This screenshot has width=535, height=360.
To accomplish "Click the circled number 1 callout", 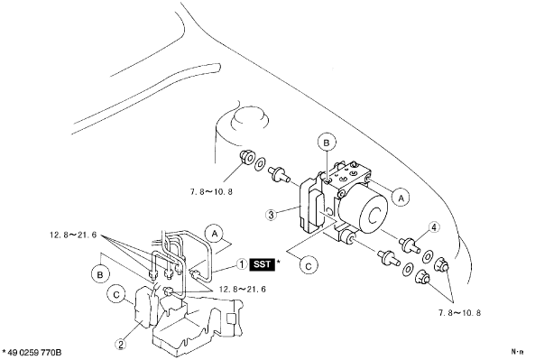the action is tap(242, 264).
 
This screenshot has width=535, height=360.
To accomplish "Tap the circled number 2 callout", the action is tap(121, 344).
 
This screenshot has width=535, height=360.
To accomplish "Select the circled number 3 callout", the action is tap(272, 215).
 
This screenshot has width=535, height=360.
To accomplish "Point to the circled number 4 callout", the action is tap(434, 227).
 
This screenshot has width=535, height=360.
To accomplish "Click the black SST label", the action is tap(263, 264).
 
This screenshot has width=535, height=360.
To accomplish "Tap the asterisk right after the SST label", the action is tap(279, 263).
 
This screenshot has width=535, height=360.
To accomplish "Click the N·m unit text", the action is tap(517, 351).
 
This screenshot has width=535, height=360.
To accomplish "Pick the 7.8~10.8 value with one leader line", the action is tap(211, 192).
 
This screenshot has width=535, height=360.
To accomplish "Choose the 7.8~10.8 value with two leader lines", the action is tap(459, 313).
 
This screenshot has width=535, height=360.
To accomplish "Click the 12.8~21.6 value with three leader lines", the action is tap(73, 235).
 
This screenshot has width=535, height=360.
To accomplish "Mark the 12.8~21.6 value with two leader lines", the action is tap(243, 290).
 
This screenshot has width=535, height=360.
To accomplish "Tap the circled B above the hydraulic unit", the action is tap(327, 143).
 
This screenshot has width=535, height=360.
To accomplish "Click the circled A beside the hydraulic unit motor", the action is tap(401, 198).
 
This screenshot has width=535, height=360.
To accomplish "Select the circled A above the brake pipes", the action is tap(215, 234).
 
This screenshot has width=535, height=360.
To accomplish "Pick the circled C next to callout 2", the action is tap(116, 295).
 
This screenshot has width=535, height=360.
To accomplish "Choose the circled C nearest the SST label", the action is tap(309, 266).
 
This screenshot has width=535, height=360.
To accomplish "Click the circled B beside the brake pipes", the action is tap(100, 274).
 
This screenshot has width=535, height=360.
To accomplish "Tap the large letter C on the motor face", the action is tap(374, 217).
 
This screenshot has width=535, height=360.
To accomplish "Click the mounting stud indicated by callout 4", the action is tap(410, 245).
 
